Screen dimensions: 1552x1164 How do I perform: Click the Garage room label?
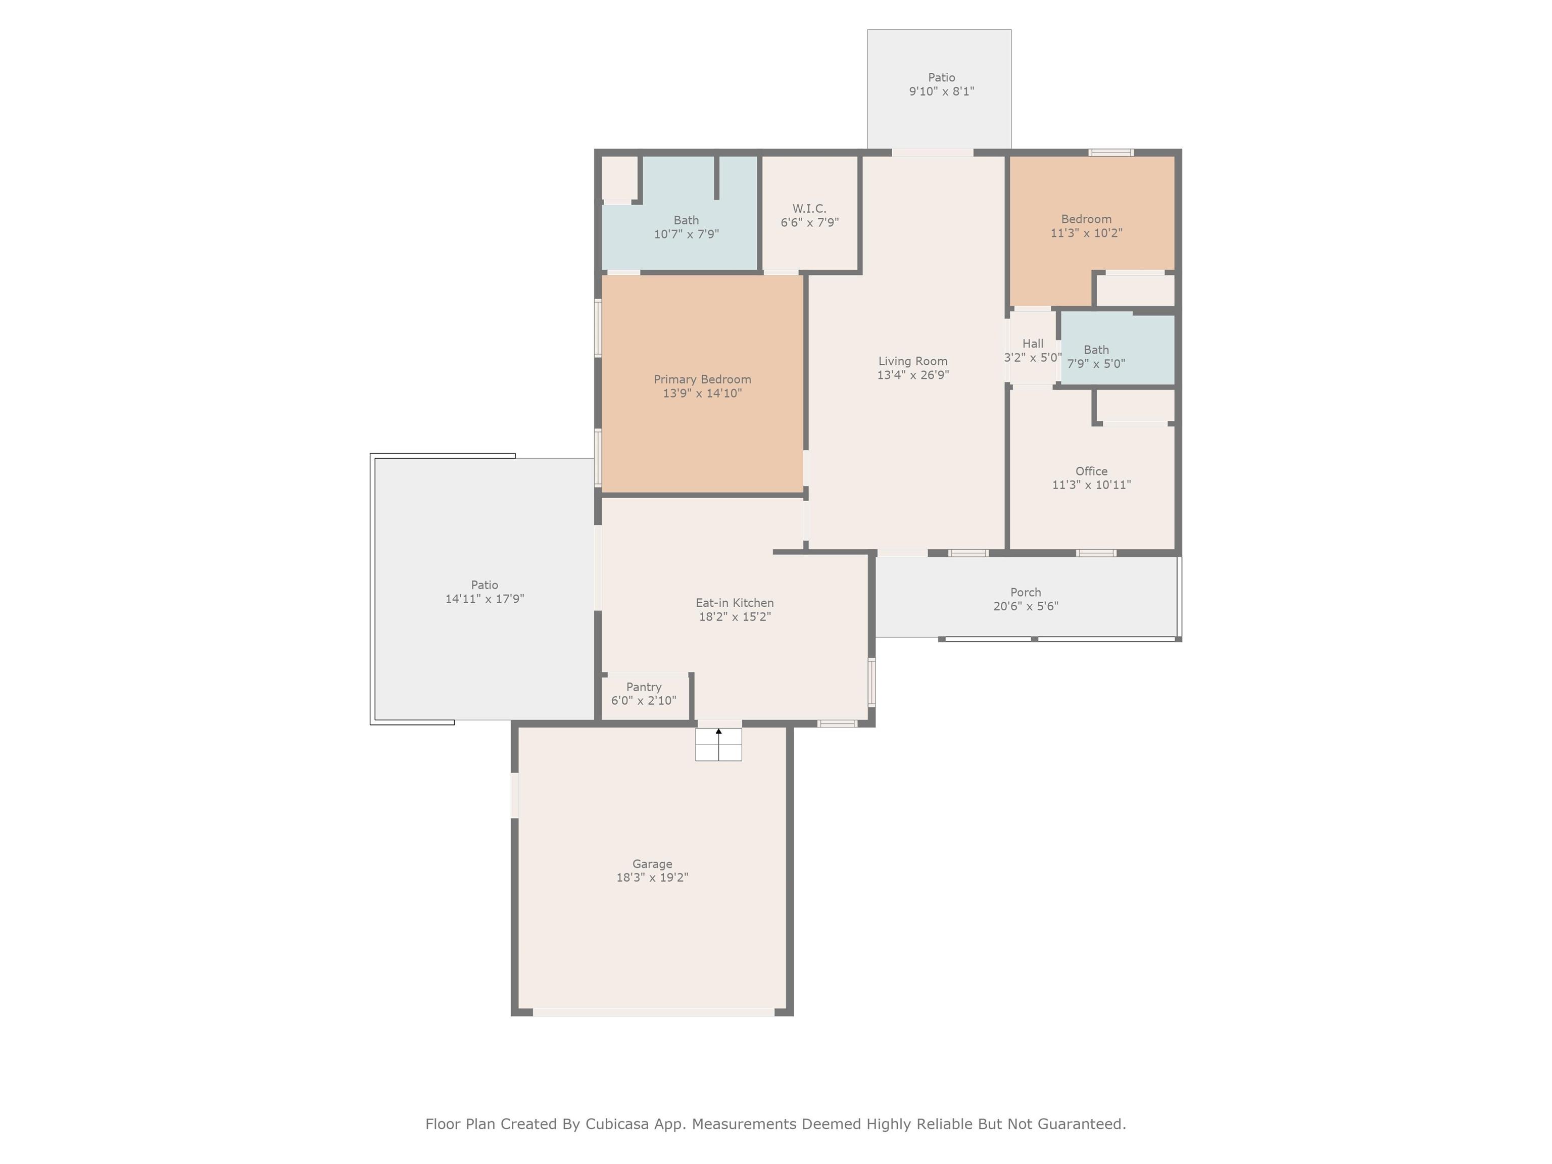[x=652, y=864]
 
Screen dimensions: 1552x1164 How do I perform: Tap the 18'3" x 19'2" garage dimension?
[x=652, y=877]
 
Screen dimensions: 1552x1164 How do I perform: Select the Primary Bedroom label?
[x=702, y=379]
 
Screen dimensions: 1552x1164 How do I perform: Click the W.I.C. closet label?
[x=809, y=208]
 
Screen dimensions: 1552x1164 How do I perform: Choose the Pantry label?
[x=644, y=687]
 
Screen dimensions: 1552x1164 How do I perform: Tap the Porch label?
[x=1025, y=592]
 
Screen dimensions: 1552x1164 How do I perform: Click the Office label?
[x=1091, y=471]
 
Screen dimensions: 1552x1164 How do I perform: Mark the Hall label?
[x=1032, y=343]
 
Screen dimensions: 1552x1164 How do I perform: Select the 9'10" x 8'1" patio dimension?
[x=941, y=91]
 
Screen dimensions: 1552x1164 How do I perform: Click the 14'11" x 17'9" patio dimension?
[x=484, y=599]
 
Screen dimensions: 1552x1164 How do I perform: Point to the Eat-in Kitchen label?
[x=735, y=603]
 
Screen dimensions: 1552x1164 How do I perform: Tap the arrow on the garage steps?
[x=718, y=744]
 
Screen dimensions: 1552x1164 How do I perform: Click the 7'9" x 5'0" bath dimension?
[x=1096, y=363]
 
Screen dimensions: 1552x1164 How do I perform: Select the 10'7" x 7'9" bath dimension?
[x=686, y=233]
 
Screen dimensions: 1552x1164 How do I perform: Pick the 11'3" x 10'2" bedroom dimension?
[x=1086, y=233]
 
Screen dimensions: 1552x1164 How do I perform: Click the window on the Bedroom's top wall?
[x=1110, y=152]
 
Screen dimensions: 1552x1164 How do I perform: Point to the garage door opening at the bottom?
[x=653, y=1012]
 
